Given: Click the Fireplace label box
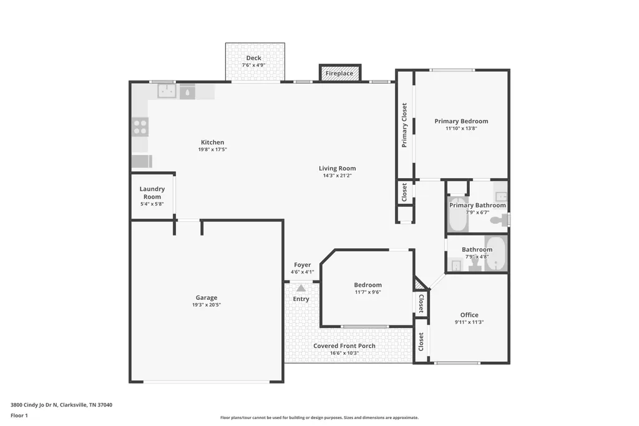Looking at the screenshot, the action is (x=340, y=72).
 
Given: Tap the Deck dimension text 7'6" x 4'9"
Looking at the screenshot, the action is (x=253, y=66).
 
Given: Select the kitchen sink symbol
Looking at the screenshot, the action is (x=167, y=91).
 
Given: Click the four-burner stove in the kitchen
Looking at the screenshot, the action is (x=140, y=127).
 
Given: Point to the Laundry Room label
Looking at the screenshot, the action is (x=152, y=192).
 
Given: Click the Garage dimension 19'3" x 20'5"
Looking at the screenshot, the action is (x=207, y=305).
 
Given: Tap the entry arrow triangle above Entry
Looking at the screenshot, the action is (x=301, y=288).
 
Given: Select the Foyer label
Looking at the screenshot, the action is (x=303, y=265).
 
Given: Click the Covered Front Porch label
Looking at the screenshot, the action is (x=344, y=345).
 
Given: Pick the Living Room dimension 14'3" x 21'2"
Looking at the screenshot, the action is (x=338, y=176).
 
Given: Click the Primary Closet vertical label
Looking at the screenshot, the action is (x=404, y=126).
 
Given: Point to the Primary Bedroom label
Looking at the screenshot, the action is (x=461, y=121).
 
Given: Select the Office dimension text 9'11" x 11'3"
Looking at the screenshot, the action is (x=469, y=322).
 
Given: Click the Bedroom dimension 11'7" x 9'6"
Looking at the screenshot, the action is (x=368, y=292).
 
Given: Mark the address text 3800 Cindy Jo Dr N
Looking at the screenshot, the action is (x=34, y=405).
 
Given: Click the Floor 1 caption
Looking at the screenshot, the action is (x=19, y=415).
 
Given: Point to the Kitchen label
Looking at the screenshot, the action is (x=212, y=142).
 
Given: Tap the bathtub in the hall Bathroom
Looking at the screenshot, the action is (x=495, y=254).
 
